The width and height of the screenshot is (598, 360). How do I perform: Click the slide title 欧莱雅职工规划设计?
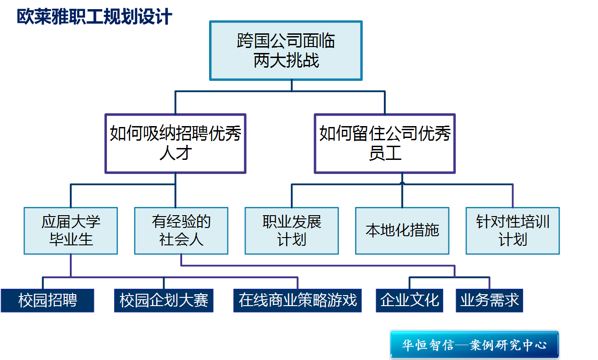[x=94, y=17]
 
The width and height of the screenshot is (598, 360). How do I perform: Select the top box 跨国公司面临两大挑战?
[x=286, y=51]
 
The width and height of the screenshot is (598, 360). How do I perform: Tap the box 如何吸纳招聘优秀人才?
[x=175, y=143]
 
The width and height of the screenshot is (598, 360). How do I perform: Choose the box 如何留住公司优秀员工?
[x=384, y=143]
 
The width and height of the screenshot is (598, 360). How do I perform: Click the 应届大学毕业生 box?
[x=71, y=231]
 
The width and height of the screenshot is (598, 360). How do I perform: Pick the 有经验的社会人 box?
[x=181, y=231]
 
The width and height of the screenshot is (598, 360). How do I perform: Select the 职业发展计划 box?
[x=292, y=231]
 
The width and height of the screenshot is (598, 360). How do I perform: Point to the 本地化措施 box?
[x=402, y=231]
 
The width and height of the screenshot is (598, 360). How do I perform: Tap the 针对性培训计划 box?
[x=513, y=231]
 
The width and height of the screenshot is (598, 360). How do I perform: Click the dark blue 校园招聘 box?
[x=47, y=300]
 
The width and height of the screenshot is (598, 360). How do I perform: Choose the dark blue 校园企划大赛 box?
[x=164, y=300]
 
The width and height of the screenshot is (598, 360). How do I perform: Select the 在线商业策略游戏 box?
[x=298, y=300]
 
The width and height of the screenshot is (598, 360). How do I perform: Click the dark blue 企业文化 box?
[x=409, y=300]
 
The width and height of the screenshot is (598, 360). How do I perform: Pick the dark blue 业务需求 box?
[x=489, y=300]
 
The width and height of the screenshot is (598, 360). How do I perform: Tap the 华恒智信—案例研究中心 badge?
[x=474, y=344]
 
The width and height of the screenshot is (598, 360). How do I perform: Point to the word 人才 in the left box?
[x=175, y=153]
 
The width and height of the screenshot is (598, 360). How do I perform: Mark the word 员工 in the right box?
[x=384, y=153]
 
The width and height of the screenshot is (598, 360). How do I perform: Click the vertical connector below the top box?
[x=291, y=86]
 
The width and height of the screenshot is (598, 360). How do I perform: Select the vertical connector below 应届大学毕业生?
[x=71, y=265]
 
